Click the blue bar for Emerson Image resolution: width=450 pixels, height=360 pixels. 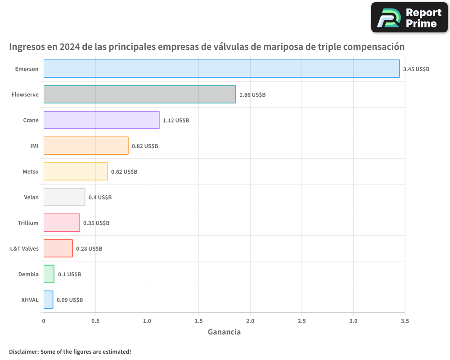coord(221,69)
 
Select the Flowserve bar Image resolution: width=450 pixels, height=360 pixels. coord(139,94)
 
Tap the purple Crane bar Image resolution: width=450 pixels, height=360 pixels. coord(101,120)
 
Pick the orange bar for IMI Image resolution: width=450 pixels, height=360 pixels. coord(86,146)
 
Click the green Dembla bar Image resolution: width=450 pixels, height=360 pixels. coord(49,274)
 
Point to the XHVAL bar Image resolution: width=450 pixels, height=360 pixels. coord(48,300)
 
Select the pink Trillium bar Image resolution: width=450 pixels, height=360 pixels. coord(62,223)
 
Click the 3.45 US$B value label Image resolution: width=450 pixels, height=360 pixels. coord(416,69)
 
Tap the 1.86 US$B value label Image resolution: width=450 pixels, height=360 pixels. coord(252,95)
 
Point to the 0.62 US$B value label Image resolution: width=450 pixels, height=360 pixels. coord(124,172)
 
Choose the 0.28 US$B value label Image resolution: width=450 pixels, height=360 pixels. coord(89,249)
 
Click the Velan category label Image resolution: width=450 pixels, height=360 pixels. coord(31,197)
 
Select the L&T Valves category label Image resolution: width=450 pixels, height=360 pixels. coord(24,248)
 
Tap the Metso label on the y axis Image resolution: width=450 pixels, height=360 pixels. coord(31,171)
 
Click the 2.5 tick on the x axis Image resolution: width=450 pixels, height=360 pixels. coord(301,321)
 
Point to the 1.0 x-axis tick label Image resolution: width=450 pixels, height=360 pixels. coord(147,321)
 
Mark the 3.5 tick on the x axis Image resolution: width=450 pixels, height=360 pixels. coord(405,321)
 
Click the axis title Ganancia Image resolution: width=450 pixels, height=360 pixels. coord(224,332)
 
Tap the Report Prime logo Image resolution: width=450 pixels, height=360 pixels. coord(409,18)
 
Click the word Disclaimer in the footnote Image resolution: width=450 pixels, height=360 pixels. coord(23,352)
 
